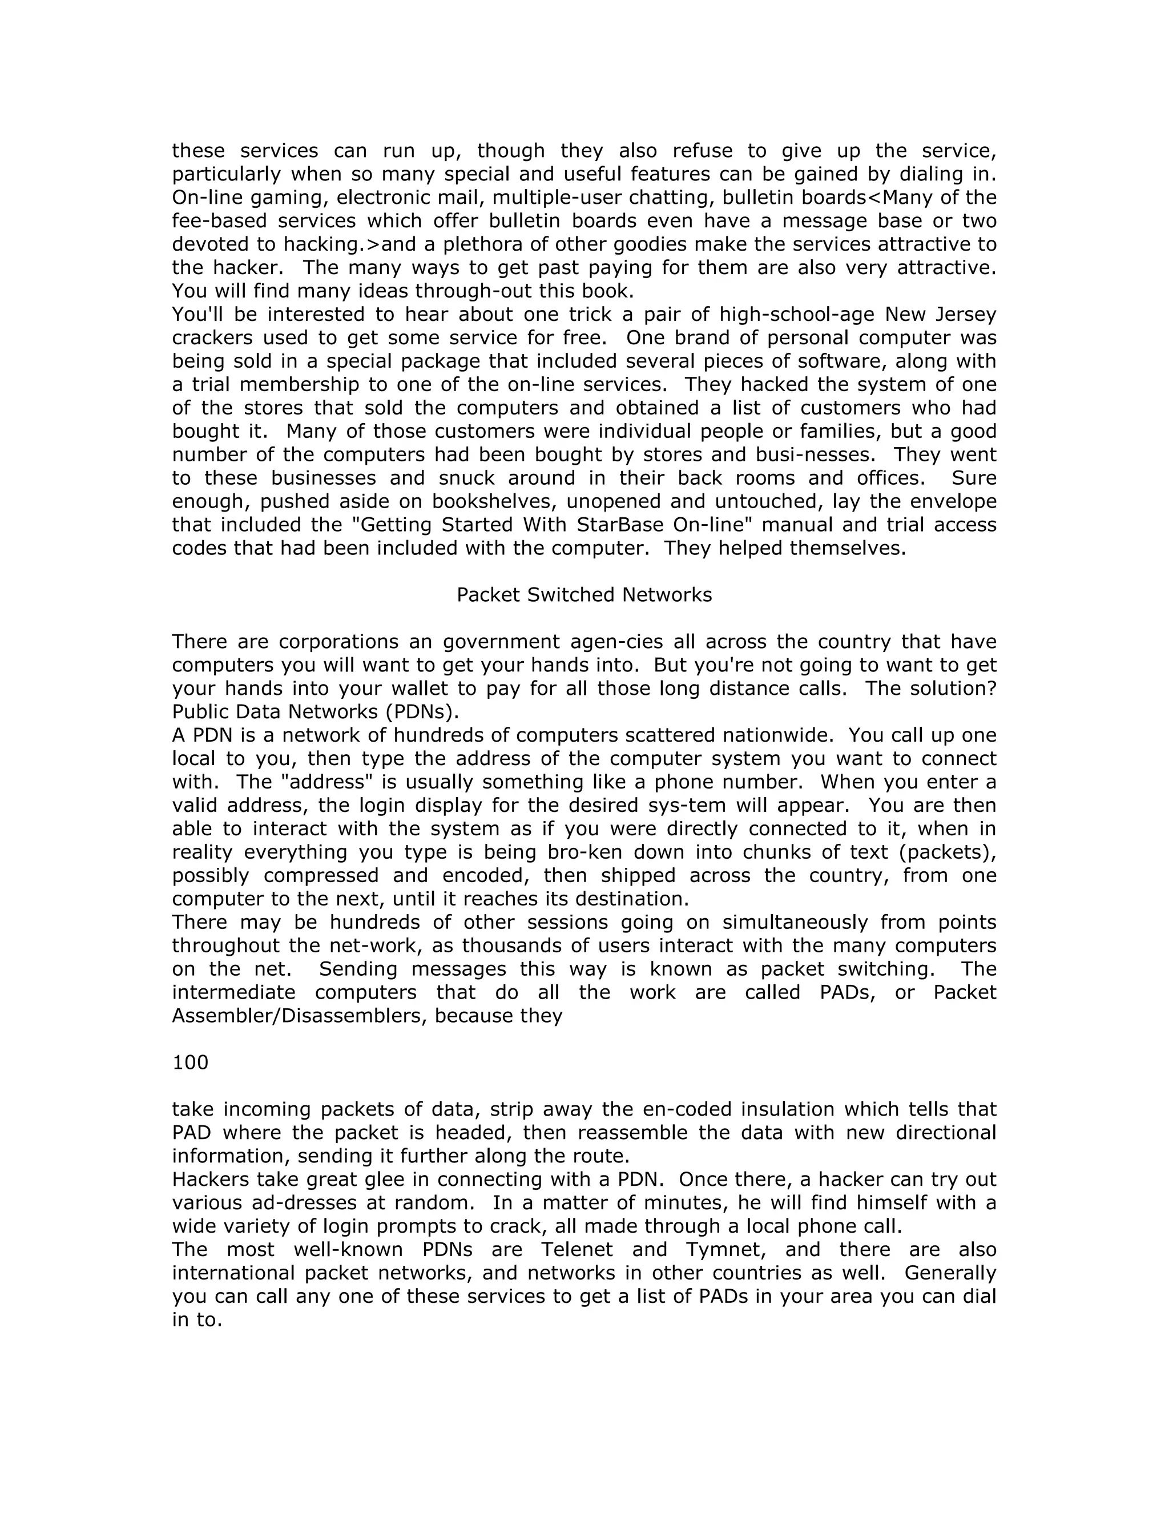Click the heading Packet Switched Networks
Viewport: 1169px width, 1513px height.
click(584, 594)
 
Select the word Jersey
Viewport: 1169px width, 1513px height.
click(965, 315)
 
